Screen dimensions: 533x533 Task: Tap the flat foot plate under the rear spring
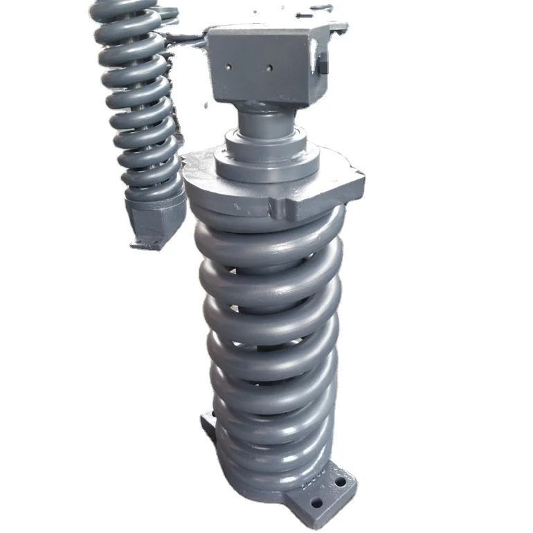click(x=149, y=242)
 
